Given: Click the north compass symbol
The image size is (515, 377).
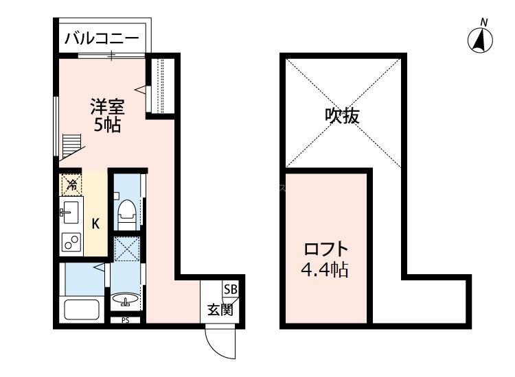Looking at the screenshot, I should coord(481,40).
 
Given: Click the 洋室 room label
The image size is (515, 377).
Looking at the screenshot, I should coord(108,108).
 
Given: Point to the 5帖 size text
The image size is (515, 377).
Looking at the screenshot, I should coord(108,125).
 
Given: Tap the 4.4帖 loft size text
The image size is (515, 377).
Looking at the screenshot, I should coord(327,269).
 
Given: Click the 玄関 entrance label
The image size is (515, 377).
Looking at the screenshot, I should coord(220,309).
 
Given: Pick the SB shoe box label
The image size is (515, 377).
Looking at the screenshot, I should coord(230,290).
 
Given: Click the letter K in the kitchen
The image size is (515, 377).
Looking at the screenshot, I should coord(96,223).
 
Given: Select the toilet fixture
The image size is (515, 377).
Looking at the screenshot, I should coord(126,212).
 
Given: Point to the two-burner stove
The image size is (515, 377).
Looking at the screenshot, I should coord(71,241).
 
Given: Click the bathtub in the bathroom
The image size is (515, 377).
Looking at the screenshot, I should coord(82,310).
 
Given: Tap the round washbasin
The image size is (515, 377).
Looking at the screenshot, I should coord(126,300).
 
